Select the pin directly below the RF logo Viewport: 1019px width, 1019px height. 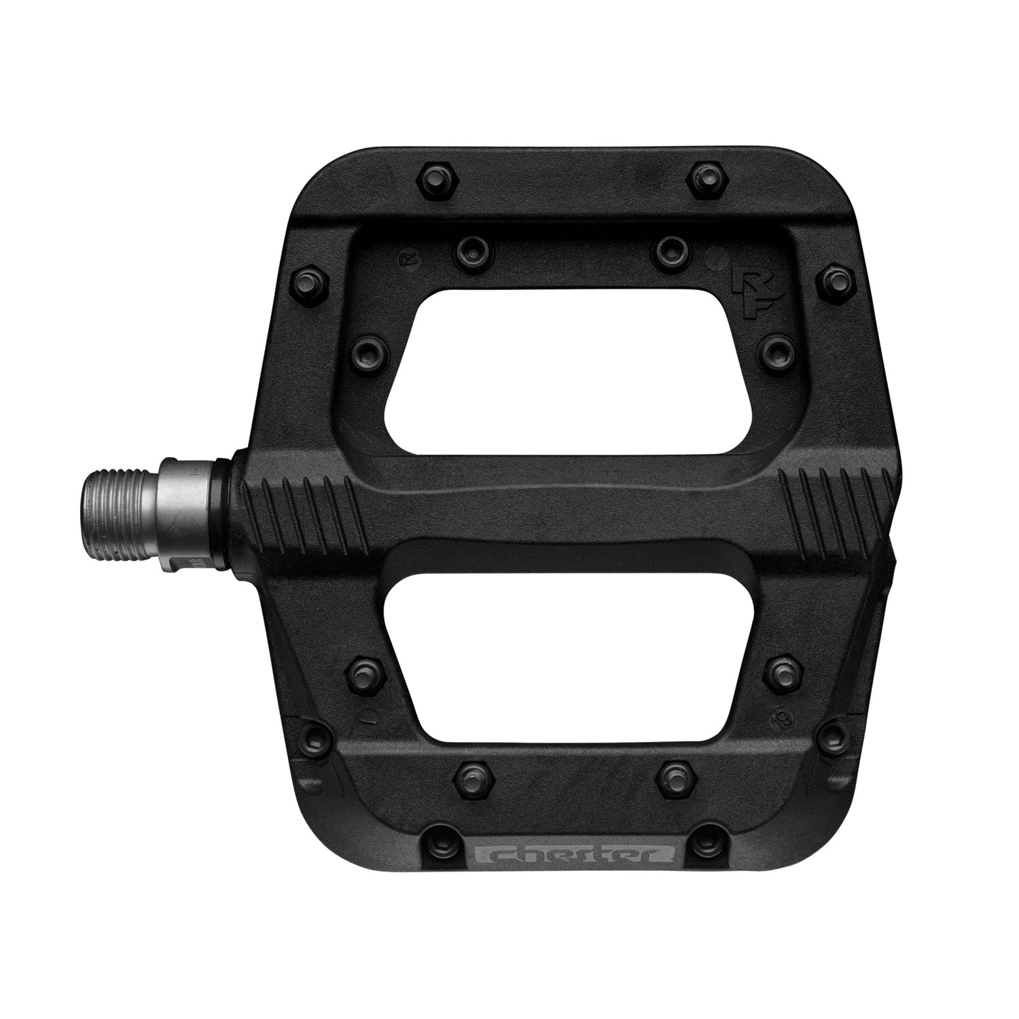[774, 349]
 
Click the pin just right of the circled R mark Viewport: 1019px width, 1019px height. [470, 251]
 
